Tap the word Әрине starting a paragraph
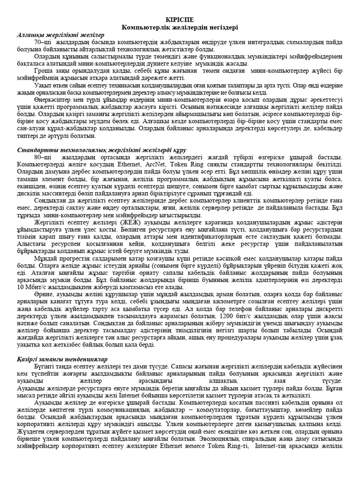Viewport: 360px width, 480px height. coord(44,281)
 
